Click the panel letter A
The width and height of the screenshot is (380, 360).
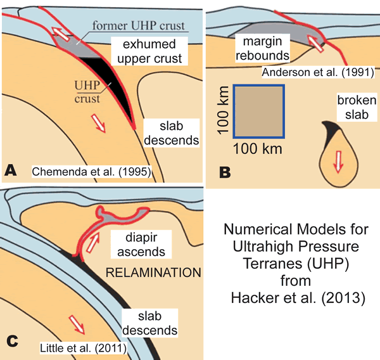11,170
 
